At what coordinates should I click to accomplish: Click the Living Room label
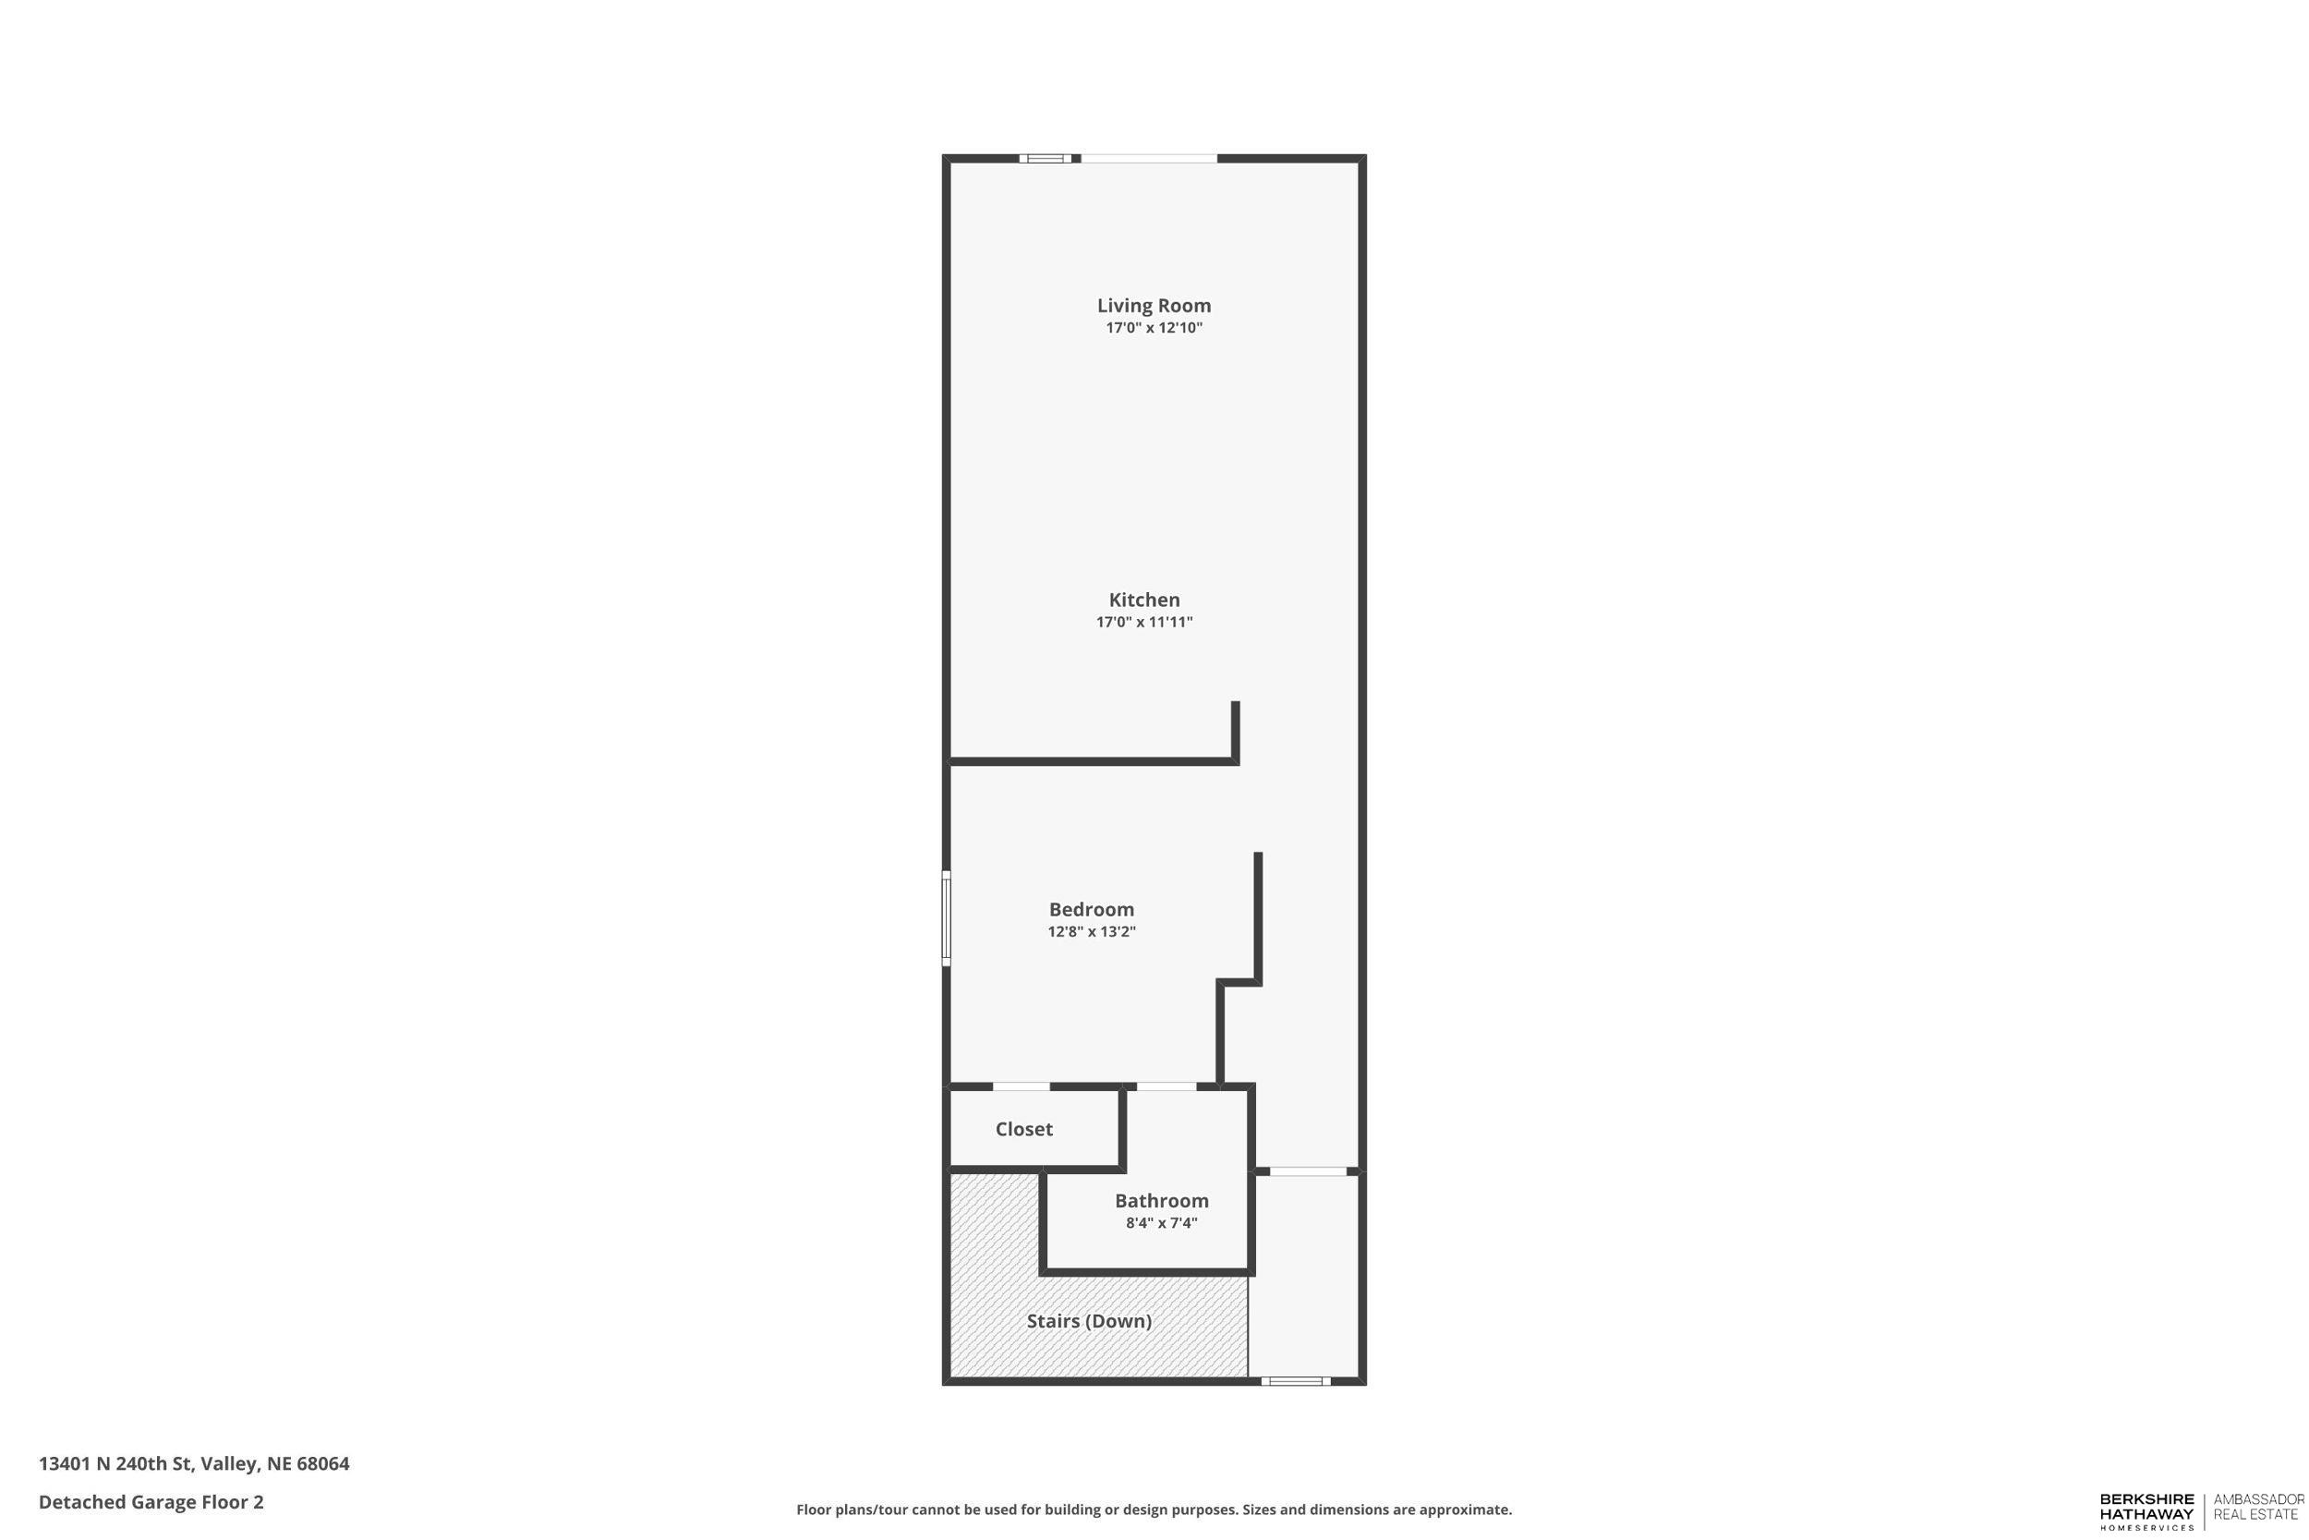point(1154,306)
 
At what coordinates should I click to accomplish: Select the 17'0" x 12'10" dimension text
point(1154,328)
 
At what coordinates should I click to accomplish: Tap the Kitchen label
point(1143,600)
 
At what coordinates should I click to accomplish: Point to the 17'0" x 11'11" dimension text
point(1143,623)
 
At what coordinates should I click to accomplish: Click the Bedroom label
point(1091,909)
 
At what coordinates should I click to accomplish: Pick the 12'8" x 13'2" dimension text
point(1091,932)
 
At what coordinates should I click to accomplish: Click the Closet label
point(1023,1130)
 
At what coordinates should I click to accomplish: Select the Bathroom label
point(1160,1201)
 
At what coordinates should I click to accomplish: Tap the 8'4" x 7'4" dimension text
point(1160,1224)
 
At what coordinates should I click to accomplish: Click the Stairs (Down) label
point(1089,1322)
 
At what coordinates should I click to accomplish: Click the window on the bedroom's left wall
point(947,918)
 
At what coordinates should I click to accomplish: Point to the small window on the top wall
point(1046,158)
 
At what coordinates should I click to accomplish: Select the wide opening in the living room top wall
point(1149,158)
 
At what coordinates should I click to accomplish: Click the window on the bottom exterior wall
point(1295,1382)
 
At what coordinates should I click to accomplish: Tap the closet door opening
point(1021,1087)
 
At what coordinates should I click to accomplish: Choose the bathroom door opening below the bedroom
point(1167,1087)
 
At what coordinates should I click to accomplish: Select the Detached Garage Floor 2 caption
point(151,1502)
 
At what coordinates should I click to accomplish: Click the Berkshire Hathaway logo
point(2146,1510)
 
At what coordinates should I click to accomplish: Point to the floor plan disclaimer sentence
point(1154,1510)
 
